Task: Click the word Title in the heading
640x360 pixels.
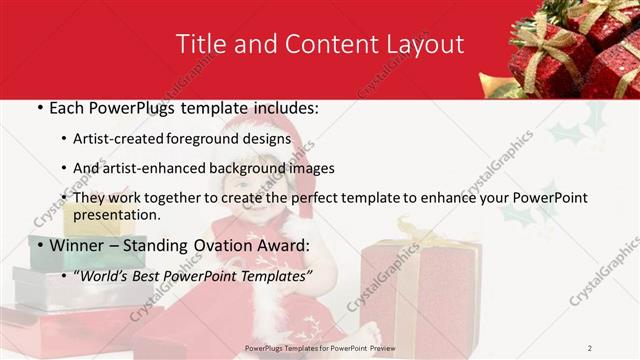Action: click(x=200, y=45)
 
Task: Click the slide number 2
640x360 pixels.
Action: click(x=590, y=347)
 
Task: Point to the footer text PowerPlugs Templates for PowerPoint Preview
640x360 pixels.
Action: click(x=320, y=347)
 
